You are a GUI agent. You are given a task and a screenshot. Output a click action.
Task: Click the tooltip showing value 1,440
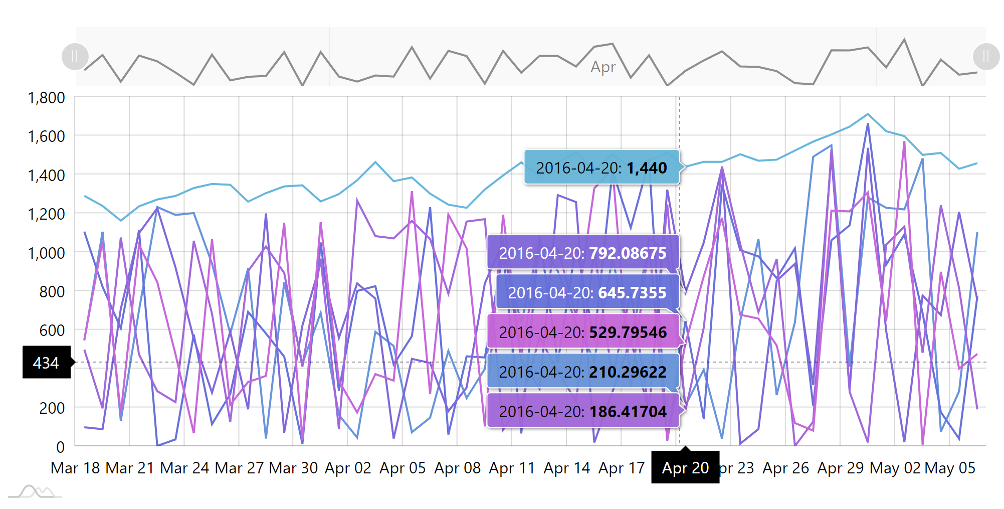(601, 167)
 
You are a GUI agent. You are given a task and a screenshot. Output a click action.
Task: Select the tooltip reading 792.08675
(583, 253)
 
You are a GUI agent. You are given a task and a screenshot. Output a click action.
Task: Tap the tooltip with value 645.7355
(587, 292)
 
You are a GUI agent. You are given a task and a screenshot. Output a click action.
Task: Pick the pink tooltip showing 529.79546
(583, 332)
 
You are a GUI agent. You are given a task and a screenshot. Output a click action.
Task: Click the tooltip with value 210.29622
(583, 372)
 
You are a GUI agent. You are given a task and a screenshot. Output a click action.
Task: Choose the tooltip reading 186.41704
(583, 411)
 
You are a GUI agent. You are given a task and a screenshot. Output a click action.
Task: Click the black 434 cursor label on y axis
(46, 362)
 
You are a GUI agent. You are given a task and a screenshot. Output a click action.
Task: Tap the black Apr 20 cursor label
(685, 467)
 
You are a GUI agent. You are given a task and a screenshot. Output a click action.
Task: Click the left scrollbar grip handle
(75, 56)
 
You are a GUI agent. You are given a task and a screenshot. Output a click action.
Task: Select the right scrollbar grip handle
(986, 56)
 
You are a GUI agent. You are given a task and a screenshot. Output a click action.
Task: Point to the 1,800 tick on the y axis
(46, 97)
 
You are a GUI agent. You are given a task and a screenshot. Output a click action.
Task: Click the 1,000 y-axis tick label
(46, 253)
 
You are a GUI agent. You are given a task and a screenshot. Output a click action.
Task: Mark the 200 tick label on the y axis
(52, 408)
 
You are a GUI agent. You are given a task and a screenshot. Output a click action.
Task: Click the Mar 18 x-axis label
(75, 468)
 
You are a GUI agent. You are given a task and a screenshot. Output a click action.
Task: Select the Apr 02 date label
(348, 468)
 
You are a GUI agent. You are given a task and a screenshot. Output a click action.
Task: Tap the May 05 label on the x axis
(950, 468)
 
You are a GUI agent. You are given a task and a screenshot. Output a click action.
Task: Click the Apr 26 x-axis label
(785, 468)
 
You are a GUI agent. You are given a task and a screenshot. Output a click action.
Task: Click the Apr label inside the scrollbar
(603, 67)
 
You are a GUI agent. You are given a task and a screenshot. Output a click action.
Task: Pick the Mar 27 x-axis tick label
(239, 468)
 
